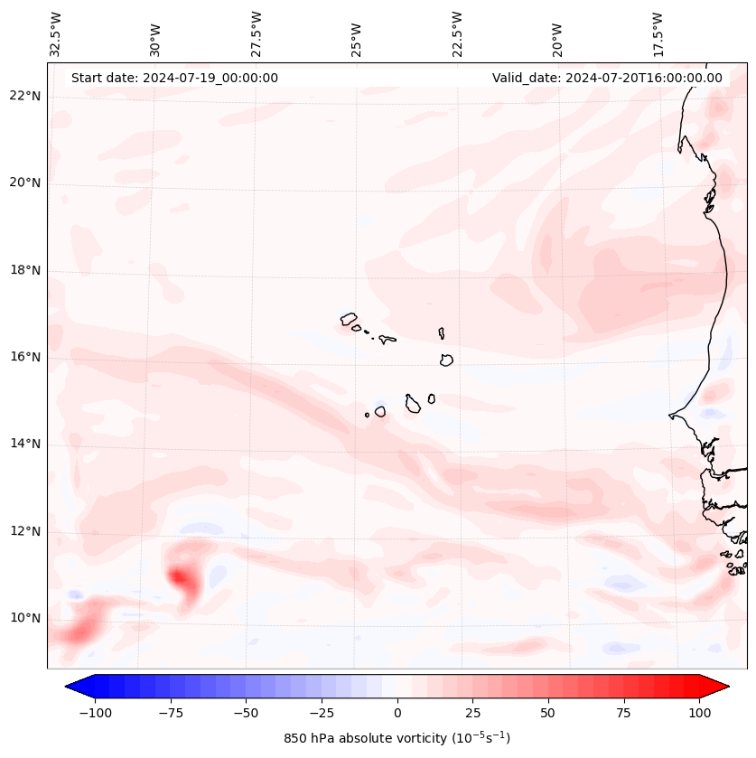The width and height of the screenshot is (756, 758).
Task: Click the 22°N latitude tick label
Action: click(25, 97)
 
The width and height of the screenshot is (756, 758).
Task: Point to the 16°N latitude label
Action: click(25, 358)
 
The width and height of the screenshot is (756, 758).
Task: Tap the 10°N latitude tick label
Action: click(25, 619)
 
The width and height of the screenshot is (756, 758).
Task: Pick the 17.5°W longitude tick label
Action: click(658, 33)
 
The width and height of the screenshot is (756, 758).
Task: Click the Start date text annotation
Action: click(174, 78)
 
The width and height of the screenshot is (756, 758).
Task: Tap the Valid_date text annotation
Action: click(607, 78)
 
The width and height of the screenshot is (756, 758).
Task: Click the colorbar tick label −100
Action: click(94, 713)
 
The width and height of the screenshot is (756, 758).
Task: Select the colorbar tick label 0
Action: click(397, 713)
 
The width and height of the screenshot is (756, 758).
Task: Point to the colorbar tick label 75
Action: click(624, 713)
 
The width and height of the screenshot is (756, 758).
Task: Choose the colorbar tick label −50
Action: click(245, 713)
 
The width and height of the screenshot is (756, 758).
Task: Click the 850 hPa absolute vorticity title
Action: click(397, 738)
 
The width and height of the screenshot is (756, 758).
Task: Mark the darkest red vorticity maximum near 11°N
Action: click(180, 576)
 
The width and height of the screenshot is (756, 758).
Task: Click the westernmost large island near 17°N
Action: click(349, 318)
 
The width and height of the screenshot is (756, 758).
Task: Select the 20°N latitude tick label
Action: click(25, 183)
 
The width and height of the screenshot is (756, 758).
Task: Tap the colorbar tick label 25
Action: click(472, 713)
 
